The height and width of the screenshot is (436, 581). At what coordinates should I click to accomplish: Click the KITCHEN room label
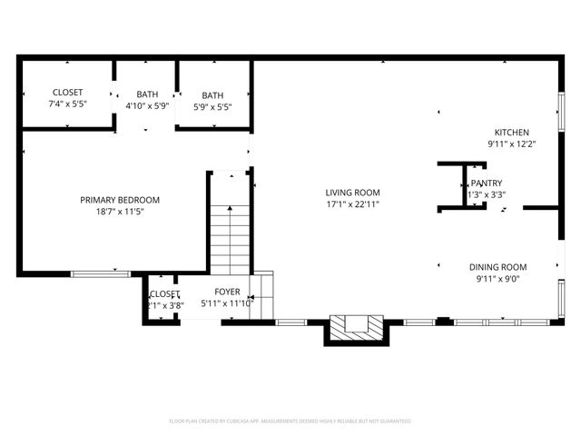pos(511,133)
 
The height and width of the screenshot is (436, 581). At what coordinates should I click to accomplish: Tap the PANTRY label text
pos(487,183)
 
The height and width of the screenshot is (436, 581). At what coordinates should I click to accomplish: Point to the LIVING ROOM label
pos(352,193)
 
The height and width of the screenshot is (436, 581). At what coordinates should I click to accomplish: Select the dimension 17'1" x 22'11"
pos(352,204)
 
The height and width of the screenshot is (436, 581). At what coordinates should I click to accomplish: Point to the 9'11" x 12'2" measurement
pos(511,144)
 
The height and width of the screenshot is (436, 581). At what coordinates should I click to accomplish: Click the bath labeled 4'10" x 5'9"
pos(146,100)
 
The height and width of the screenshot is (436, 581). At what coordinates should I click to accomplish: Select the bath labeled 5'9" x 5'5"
pos(212,100)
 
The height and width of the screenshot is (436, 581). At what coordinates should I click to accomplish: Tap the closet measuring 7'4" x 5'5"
pos(67,98)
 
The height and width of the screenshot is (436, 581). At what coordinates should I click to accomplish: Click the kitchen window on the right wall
pos(560,113)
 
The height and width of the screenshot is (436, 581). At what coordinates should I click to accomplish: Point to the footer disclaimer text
pos(290,421)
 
